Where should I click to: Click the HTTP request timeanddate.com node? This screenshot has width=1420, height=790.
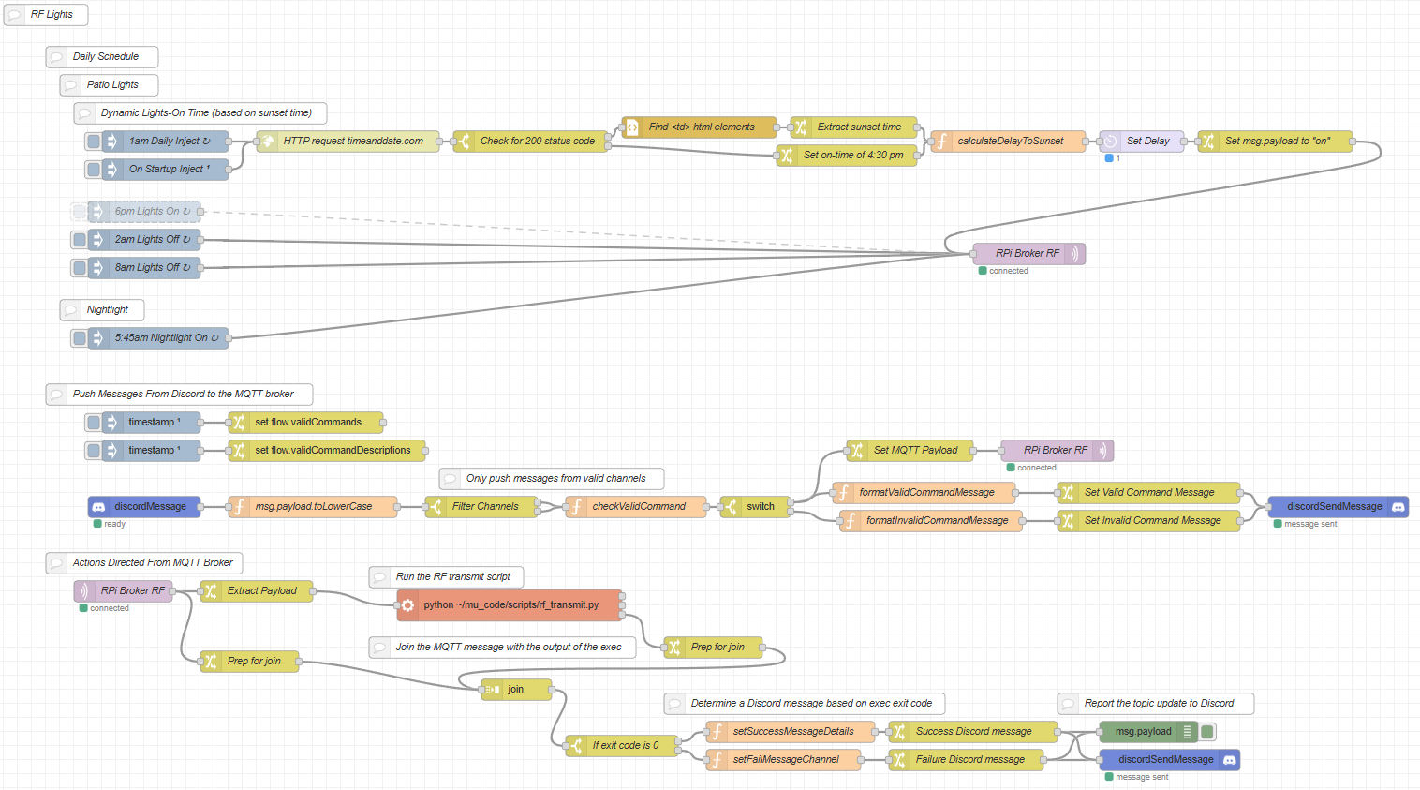point(352,142)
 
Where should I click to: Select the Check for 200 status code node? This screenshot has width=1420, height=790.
point(537,142)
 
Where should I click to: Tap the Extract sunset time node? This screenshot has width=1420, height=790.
point(858,127)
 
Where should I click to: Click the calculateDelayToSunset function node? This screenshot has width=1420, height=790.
point(1010,142)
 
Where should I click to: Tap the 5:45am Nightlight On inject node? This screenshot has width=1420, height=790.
point(166,338)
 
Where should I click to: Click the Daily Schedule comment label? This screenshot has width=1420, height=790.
point(105,57)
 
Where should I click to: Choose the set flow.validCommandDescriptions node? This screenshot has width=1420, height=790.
point(332,451)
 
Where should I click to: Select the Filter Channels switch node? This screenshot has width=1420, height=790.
point(484,507)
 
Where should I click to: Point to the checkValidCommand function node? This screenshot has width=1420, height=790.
point(638,507)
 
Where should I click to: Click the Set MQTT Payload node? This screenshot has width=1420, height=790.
point(914,451)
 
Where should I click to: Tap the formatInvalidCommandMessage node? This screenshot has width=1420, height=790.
point(936,521)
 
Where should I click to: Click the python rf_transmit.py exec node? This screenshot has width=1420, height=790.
point(510,605)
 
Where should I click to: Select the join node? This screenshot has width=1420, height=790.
point(516,690)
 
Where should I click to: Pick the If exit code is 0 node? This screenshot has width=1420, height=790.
point(625,746)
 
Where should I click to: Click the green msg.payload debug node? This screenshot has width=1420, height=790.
point(1143,732)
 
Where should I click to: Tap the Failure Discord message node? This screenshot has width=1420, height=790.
point(969,760)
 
